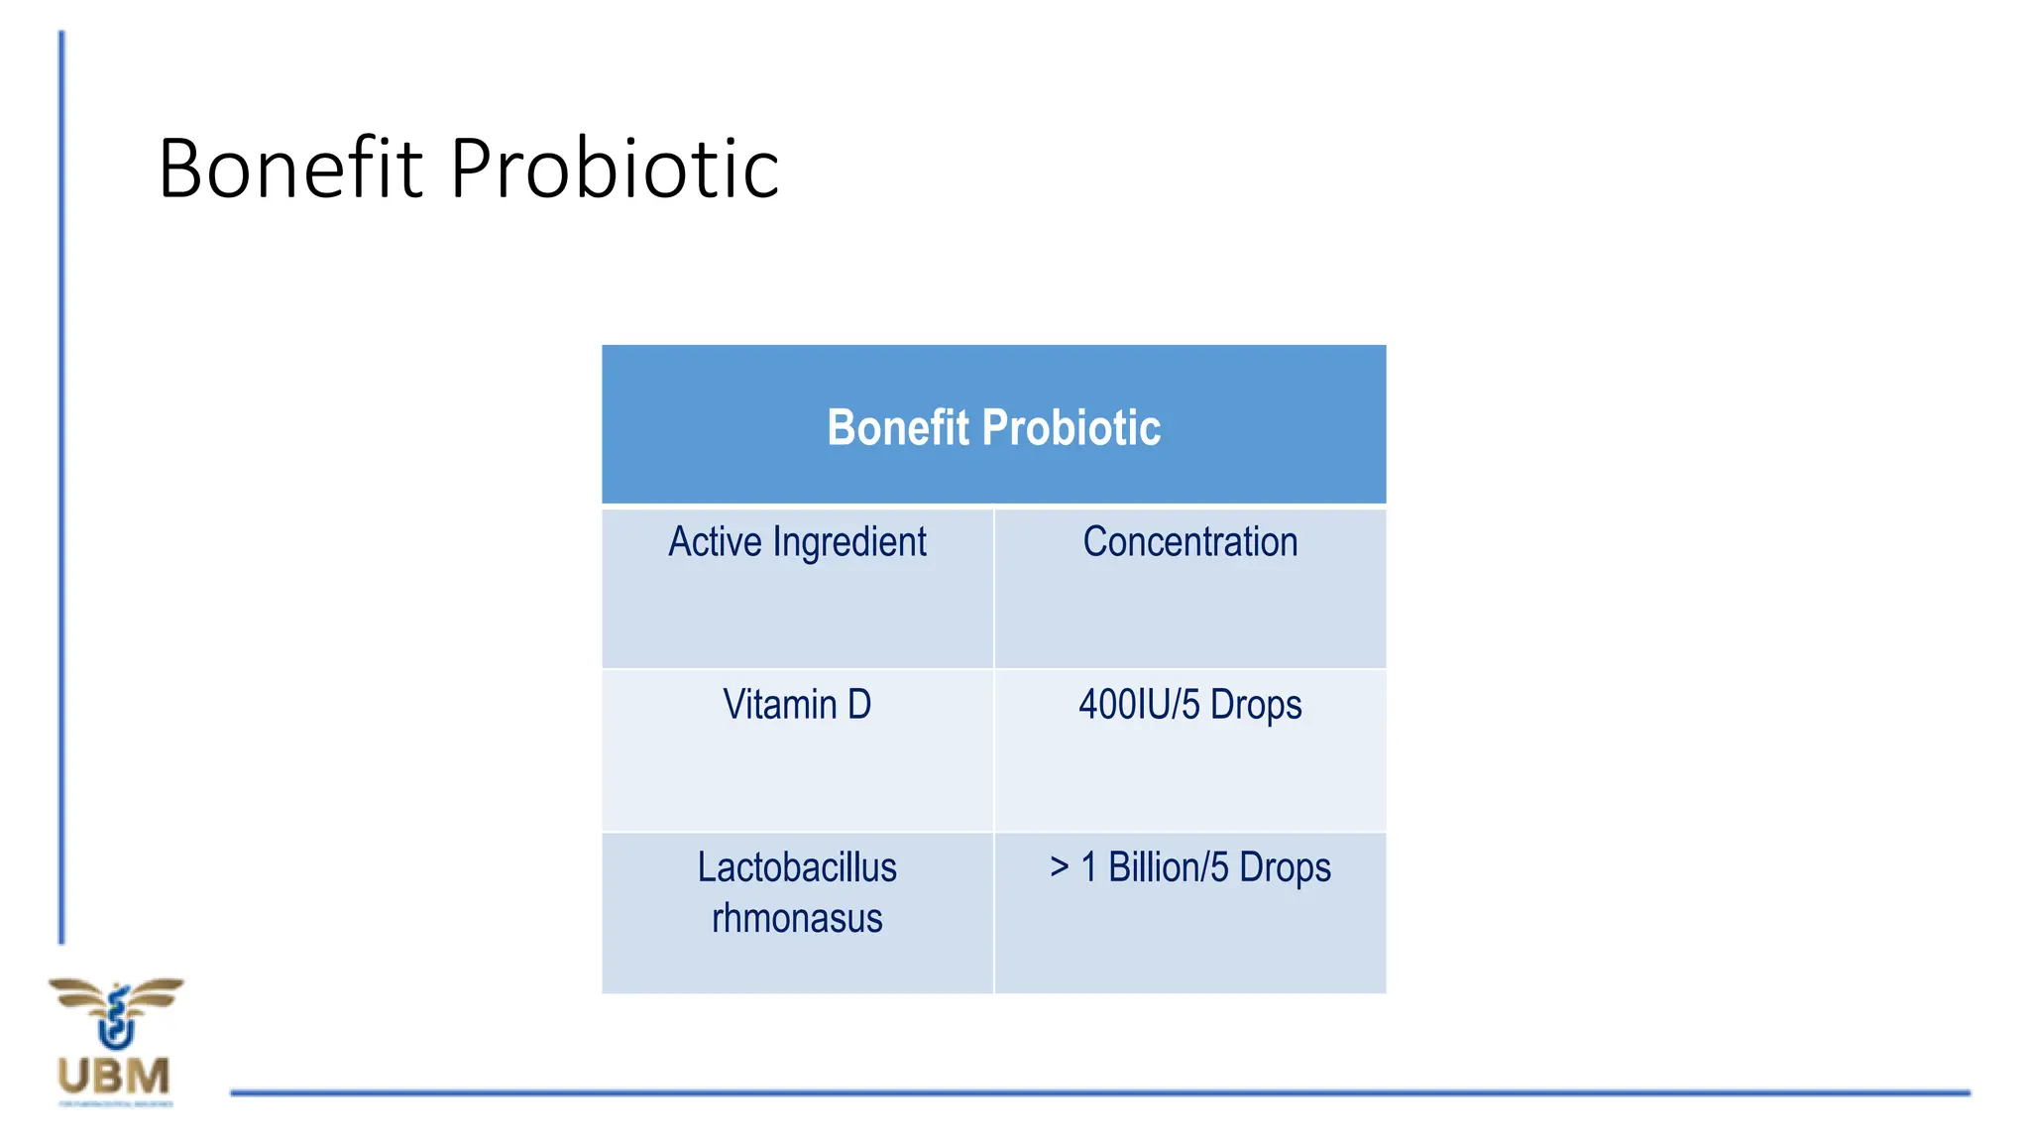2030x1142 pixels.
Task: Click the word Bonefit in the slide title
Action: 290,169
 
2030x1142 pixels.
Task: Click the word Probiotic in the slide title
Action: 615,169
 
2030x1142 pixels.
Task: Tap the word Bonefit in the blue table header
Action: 898,428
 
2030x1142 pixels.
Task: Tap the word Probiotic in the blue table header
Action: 1071,428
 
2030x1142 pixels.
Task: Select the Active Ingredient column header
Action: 797,542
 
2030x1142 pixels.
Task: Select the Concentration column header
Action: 1189,542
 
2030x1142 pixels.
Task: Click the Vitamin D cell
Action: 797,705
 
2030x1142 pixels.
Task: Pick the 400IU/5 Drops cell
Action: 1189,705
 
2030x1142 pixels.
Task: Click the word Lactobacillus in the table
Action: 797,867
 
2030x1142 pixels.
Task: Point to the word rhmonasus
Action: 797,919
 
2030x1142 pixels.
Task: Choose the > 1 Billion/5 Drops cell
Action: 1189,867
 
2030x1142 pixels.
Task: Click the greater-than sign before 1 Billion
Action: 1059,867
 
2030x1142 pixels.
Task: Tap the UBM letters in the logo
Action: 114,1077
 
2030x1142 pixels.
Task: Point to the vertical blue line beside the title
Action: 61,486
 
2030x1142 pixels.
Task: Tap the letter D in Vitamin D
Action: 858,705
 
